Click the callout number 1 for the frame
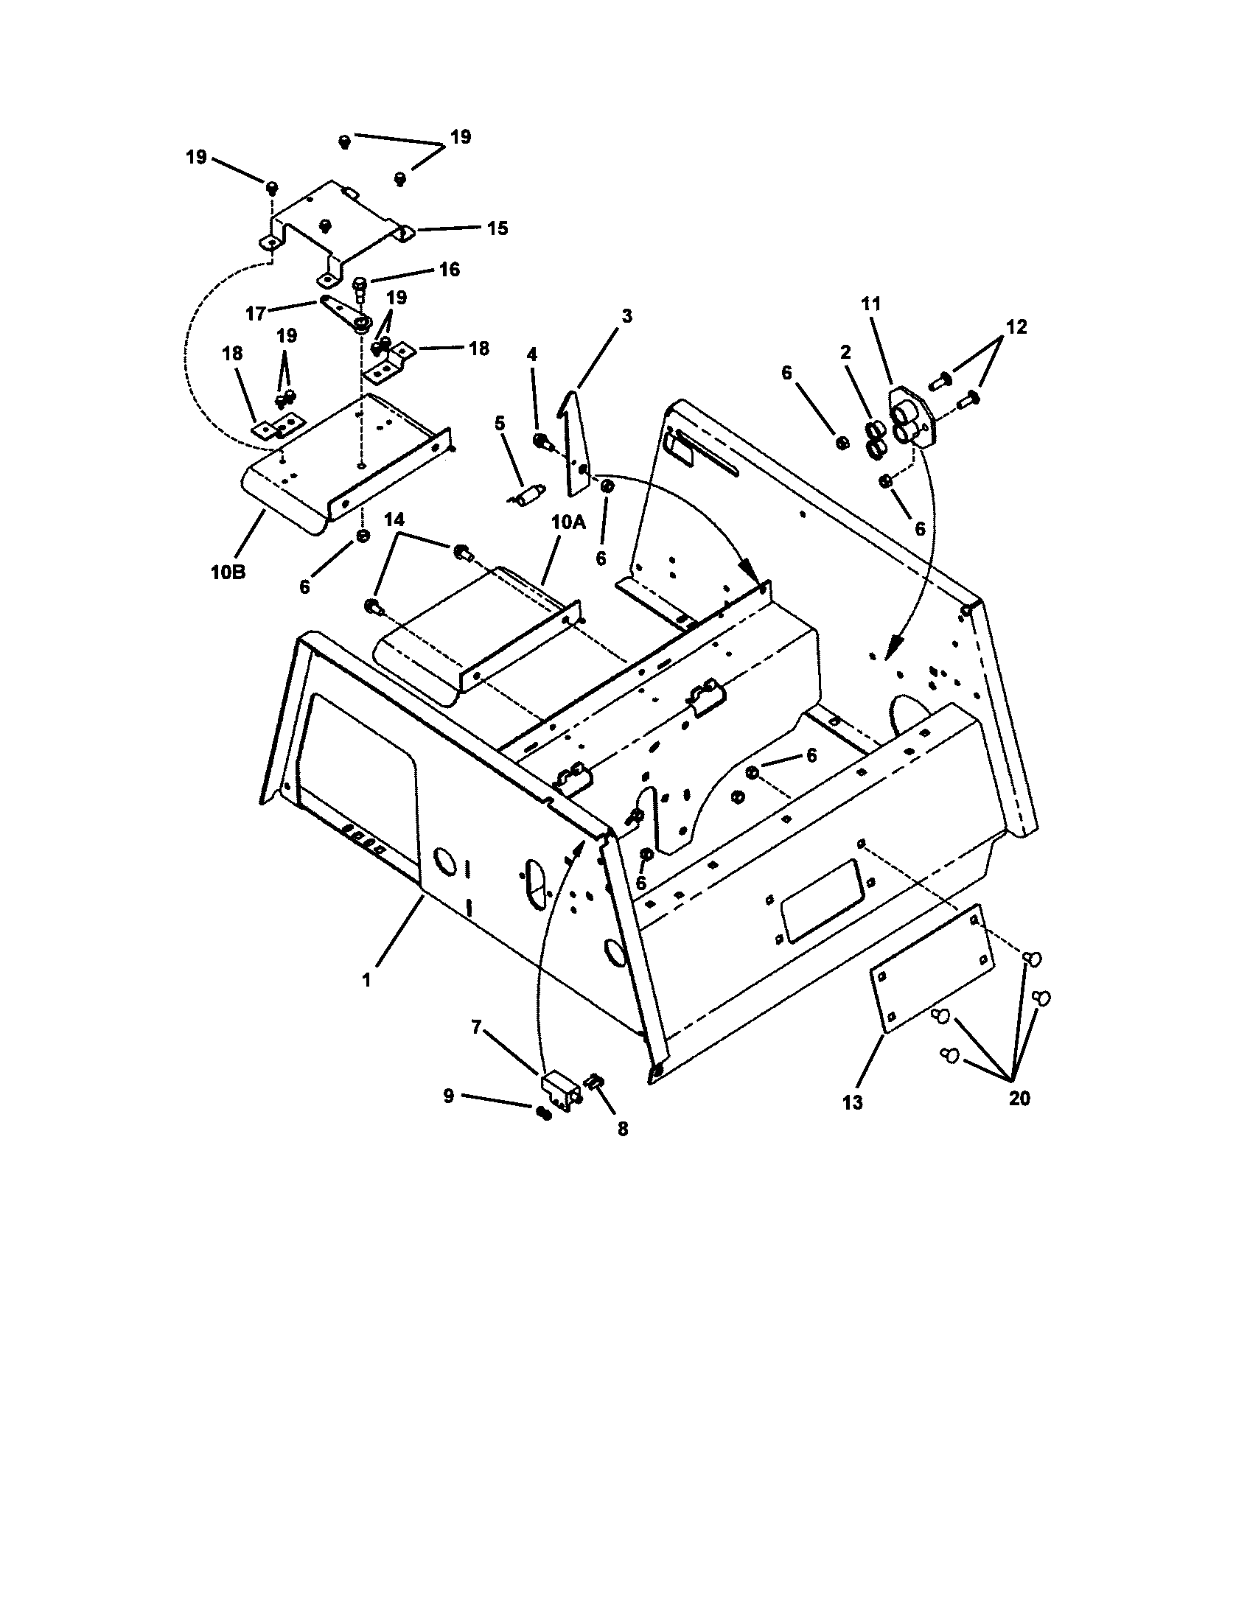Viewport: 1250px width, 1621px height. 366,981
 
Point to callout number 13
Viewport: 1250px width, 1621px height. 853,1103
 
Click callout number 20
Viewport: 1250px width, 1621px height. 1020,1098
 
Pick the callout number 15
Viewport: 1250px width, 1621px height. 498,228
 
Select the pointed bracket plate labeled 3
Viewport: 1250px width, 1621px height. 577,445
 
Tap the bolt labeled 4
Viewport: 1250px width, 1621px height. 541,441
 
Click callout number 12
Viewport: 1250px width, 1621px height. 1016,326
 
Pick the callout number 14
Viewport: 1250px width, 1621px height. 394,519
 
